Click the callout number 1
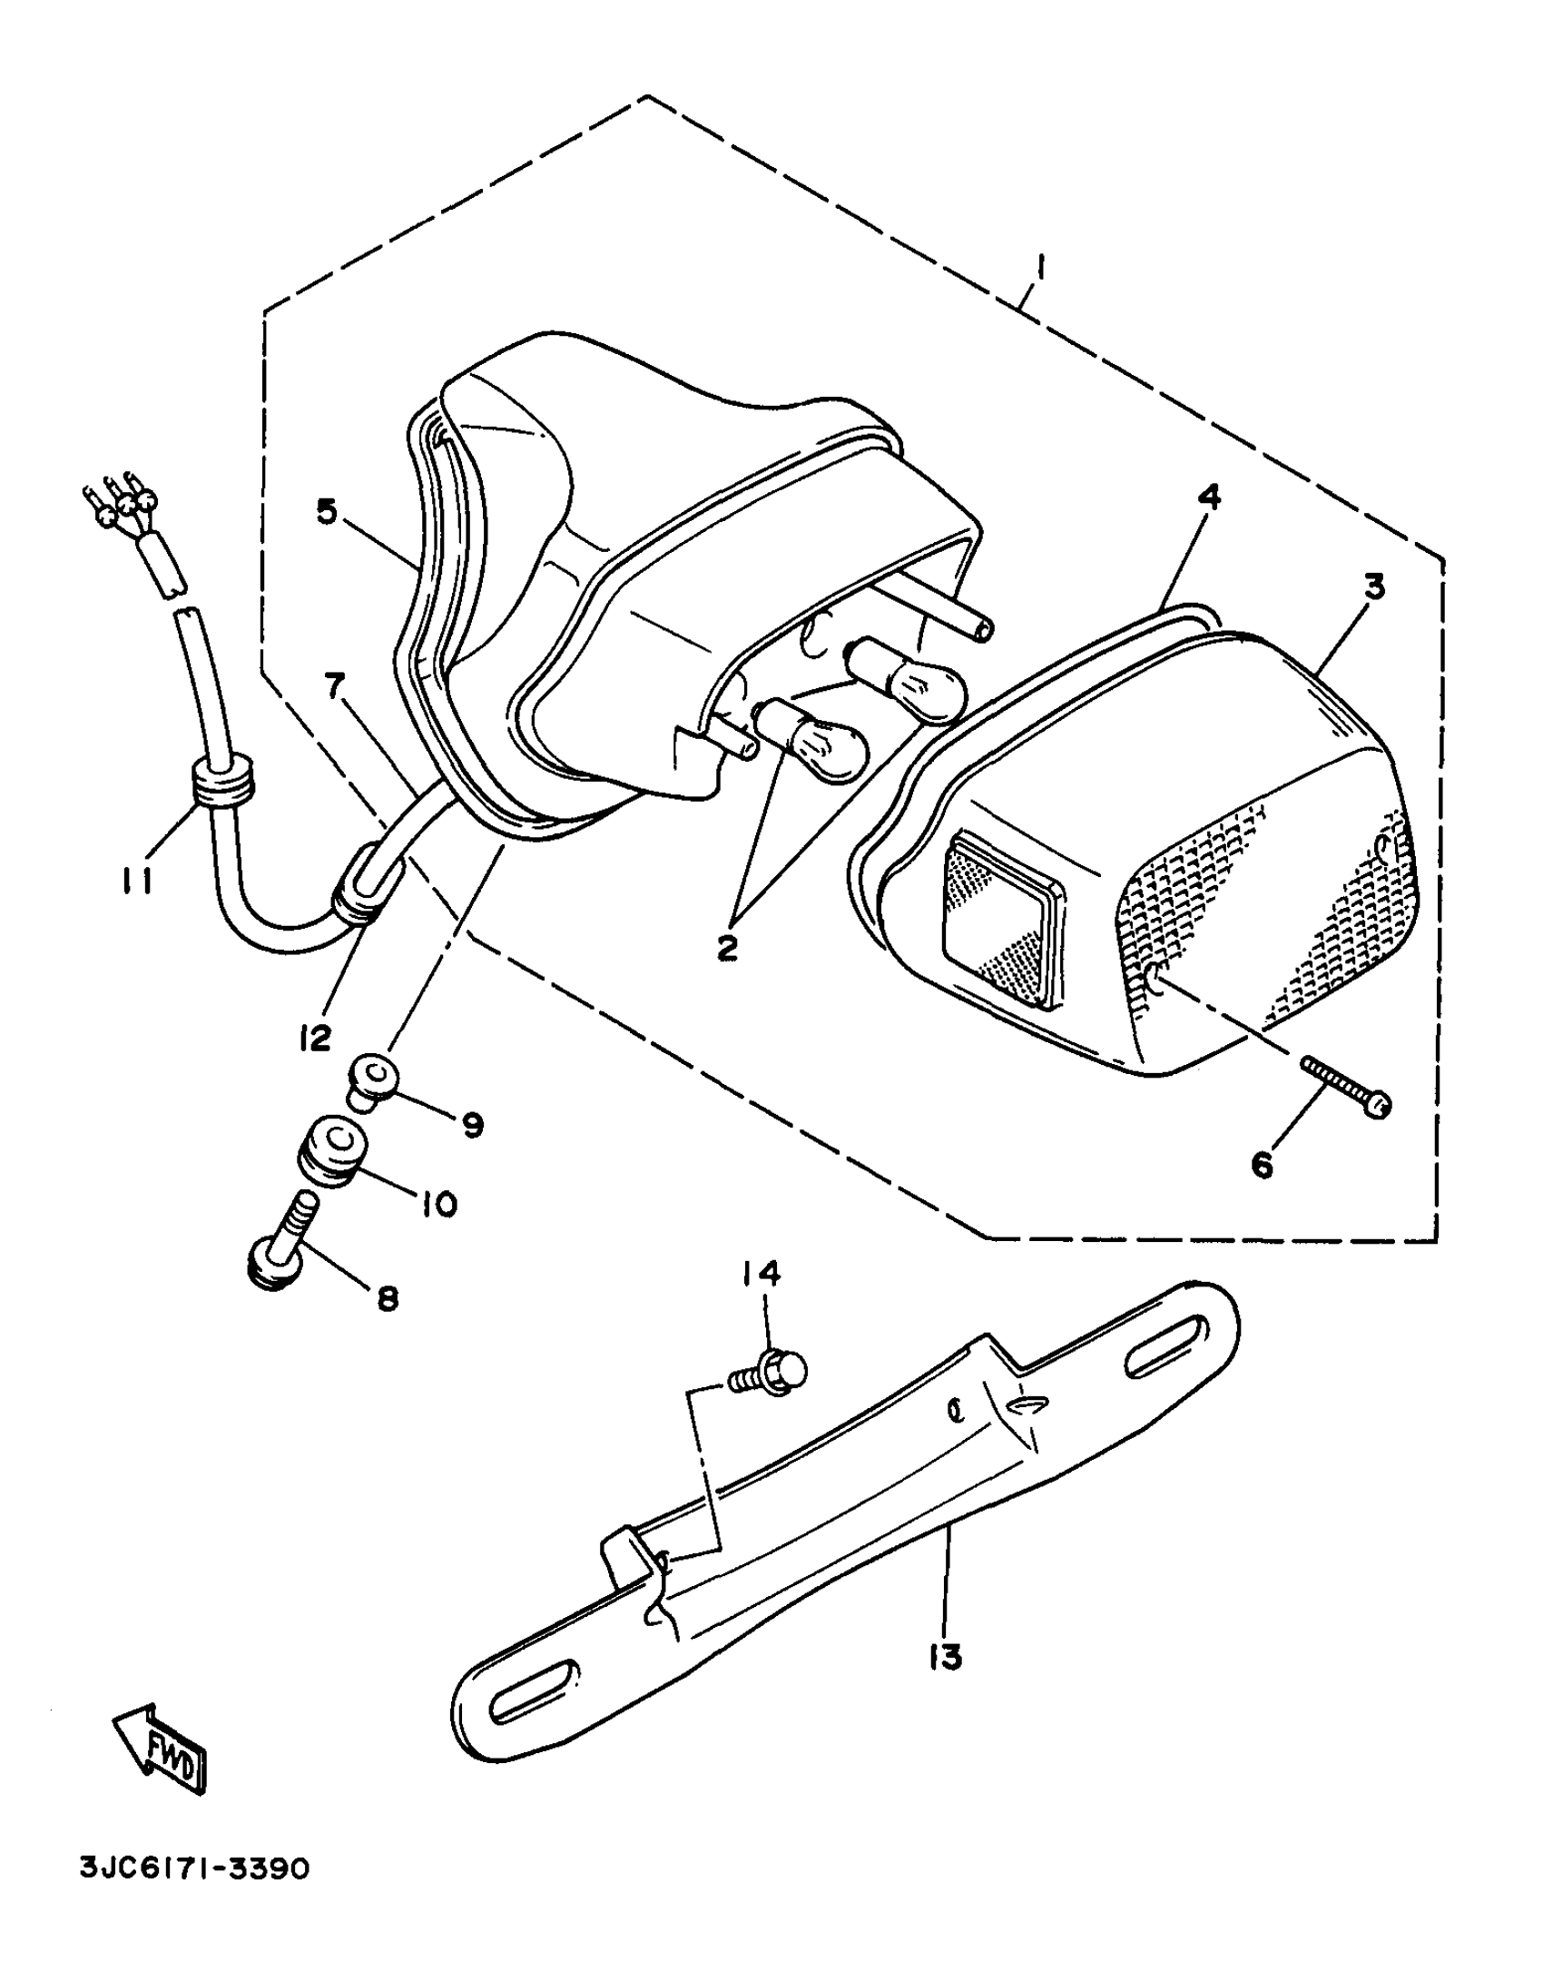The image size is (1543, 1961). pyautogui.click(x=1041, y=270)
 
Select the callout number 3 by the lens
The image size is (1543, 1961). pyautogui.click(x=1375, y=587)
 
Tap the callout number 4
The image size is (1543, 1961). pyautogui.click(x=1209, y=497)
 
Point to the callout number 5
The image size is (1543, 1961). pyautogui.click(x=327, y=511)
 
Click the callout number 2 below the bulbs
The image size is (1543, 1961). pyautogui.click(x=727, y=949)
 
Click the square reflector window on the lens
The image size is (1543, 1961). pyautogui.click(x=1001, y=919)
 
